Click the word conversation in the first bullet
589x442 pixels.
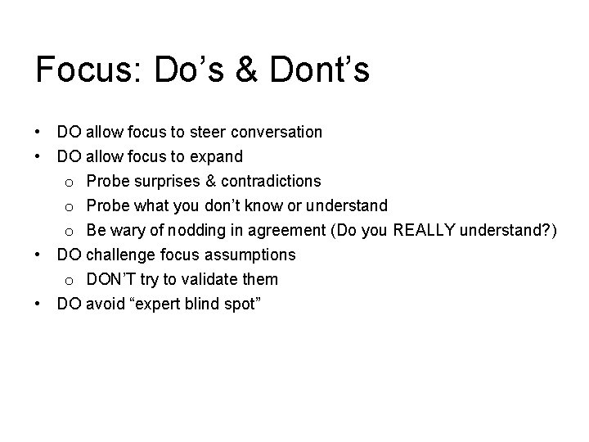point(277,132)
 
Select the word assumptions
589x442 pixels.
point(250,255)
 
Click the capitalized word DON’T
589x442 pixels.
point(110,279)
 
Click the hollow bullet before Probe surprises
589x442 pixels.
point(70,182)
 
